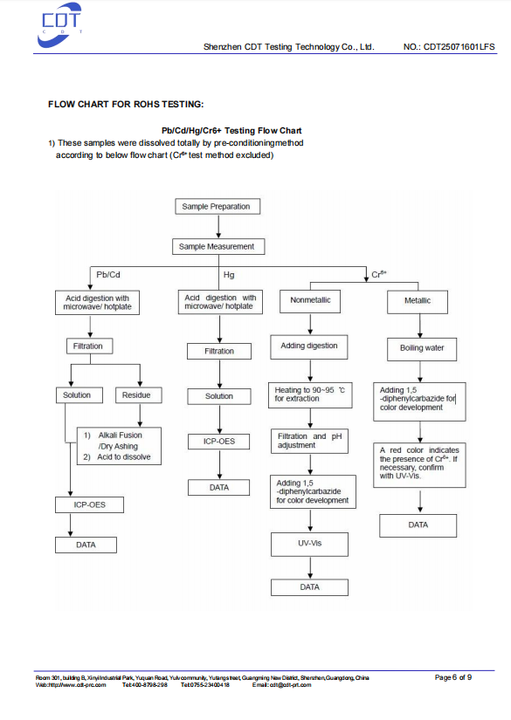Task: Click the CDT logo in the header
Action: coord(59,25)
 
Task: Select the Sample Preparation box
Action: coord(218,207)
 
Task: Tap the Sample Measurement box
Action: coord(218,247)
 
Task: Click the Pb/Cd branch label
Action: coord(108,275)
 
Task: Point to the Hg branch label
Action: coord(229,275)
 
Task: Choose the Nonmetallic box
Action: coord(310,301)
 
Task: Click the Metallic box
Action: coord(418,302)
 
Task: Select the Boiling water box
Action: coord(422,349)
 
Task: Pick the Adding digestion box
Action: coord(309,346)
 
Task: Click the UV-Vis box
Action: coord(310,544)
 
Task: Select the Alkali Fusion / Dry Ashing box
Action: coord(119,446)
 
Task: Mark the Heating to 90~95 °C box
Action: coord(310,394)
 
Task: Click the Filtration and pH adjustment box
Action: coord(309,441)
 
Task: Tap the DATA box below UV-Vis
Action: coord(310,587)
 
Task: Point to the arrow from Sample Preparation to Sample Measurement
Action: coord(218,226)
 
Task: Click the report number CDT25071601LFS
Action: coord(459,47)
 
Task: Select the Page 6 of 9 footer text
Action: coord(453,677)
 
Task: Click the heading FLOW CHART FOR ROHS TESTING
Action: coord(126,104)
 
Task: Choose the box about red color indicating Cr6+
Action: coord(419,464)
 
